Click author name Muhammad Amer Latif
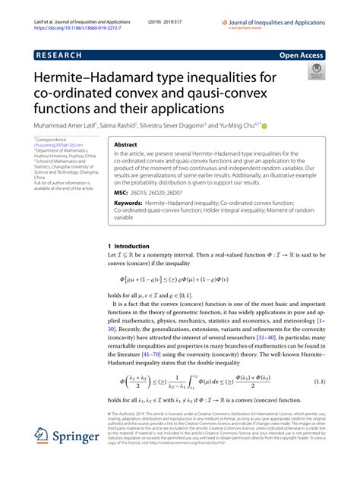tap(67, 123)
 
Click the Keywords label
tap(130, 203)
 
